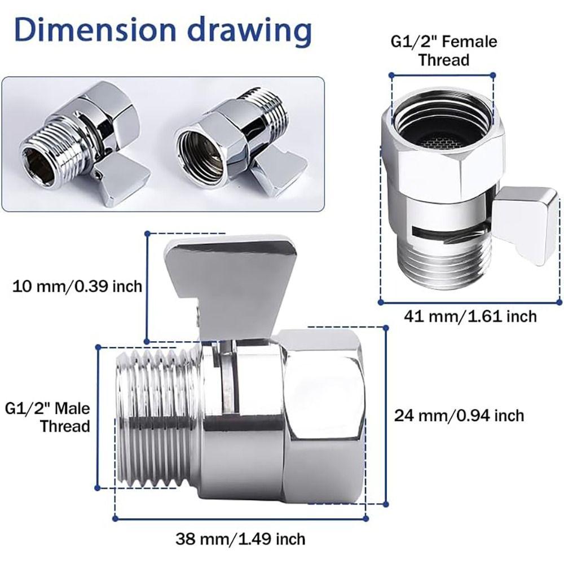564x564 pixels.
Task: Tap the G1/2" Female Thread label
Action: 444,50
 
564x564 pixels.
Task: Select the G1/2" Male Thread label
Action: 48,417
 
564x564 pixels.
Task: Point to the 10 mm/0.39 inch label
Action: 77,287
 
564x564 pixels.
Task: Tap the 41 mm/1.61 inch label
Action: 470,316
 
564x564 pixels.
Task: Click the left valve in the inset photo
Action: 85,147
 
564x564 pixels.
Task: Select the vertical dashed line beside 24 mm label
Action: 386,417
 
